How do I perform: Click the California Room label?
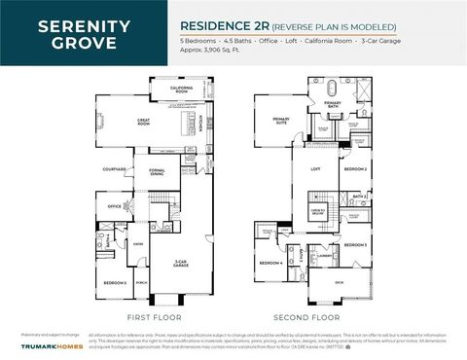[181, 90]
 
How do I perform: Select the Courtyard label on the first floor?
[115, 169]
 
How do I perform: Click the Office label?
[114, 206]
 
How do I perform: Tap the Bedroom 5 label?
[116, 282]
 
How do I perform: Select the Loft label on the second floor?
[314, 169]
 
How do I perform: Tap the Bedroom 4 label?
[270, 264]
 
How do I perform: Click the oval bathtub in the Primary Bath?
[333, 89]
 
